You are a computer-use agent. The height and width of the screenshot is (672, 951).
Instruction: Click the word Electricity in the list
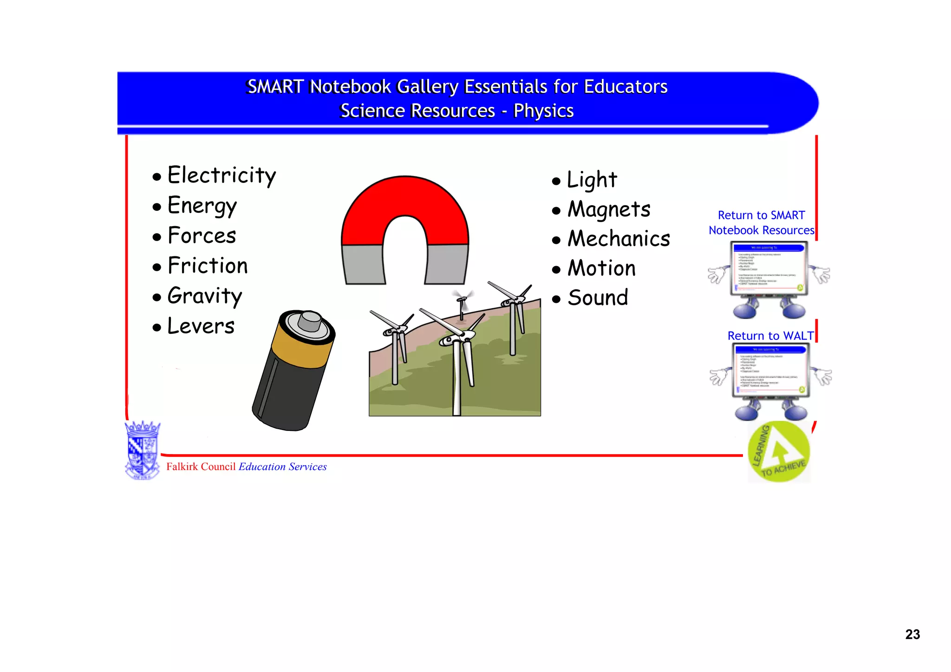click(x=221, y=176)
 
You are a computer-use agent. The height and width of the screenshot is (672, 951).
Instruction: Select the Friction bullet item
click(x=207, y=266)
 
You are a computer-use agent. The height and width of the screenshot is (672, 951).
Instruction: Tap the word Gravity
click(x=204, y=296)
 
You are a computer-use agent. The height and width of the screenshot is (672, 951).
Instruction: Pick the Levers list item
click(x=201, y=326)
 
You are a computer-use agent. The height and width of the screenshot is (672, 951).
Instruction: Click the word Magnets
click(x=609, y=209)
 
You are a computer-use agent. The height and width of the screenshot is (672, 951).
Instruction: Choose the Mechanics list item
click(x=619, y=239)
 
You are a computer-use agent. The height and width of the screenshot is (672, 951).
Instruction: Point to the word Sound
click(x=598, y=298)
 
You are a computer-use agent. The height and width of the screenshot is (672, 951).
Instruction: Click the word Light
click(x=592, y=180)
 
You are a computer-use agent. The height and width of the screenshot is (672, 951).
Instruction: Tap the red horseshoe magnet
click(x=405, y=209)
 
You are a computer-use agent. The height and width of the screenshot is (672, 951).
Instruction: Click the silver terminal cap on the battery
click(x=310, y=321)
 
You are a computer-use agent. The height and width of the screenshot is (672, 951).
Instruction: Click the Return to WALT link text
click(x=770, y=336)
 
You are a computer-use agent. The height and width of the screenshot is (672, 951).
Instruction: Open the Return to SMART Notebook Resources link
click(x=761, y=223)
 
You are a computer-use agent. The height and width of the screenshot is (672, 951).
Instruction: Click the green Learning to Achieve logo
click(x=779, y=452)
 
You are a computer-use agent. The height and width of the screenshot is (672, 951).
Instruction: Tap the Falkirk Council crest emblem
click(x=143, y=450)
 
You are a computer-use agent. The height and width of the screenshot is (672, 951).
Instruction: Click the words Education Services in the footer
click(x=282, y=467)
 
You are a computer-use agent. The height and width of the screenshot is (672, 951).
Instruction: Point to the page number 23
click(x=912, y=634)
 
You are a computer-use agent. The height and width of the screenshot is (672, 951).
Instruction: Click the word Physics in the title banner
click(x=543, y=111)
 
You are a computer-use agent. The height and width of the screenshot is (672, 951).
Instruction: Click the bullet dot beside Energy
click(x=157, y=207)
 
